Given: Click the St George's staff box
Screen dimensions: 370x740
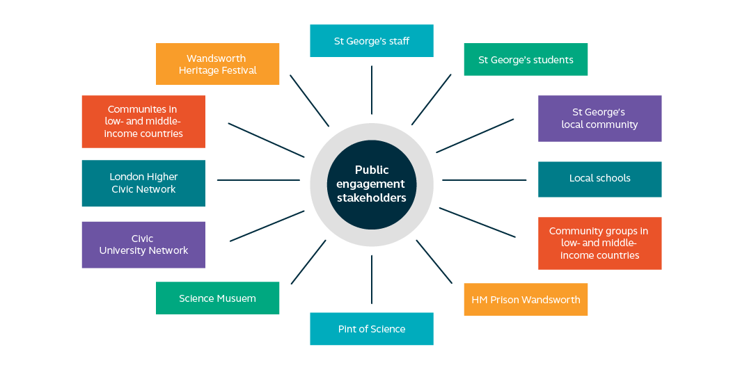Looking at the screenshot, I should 371,41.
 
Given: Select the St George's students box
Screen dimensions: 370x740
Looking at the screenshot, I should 526,60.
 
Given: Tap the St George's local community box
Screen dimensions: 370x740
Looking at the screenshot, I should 599,118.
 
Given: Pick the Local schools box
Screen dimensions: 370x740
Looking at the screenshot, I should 599,179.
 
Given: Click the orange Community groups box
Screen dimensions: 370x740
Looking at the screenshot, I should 599,243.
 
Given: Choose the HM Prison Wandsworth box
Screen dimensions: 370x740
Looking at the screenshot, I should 526,300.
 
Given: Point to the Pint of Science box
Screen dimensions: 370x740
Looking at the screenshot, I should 371,329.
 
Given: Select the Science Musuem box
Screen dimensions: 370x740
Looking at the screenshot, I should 217,298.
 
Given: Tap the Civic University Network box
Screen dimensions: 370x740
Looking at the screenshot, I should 143,245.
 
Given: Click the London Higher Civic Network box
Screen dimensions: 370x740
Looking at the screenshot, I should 143,184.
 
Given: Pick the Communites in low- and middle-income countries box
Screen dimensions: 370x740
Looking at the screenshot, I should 143,122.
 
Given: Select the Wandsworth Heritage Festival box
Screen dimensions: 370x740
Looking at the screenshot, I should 217,64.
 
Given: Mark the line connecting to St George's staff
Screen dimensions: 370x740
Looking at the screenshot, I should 372,90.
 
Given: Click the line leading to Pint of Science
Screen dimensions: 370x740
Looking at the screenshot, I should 372,279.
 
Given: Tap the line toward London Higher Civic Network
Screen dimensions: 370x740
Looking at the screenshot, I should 258,180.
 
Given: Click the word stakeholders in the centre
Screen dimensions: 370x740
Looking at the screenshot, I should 371,198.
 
